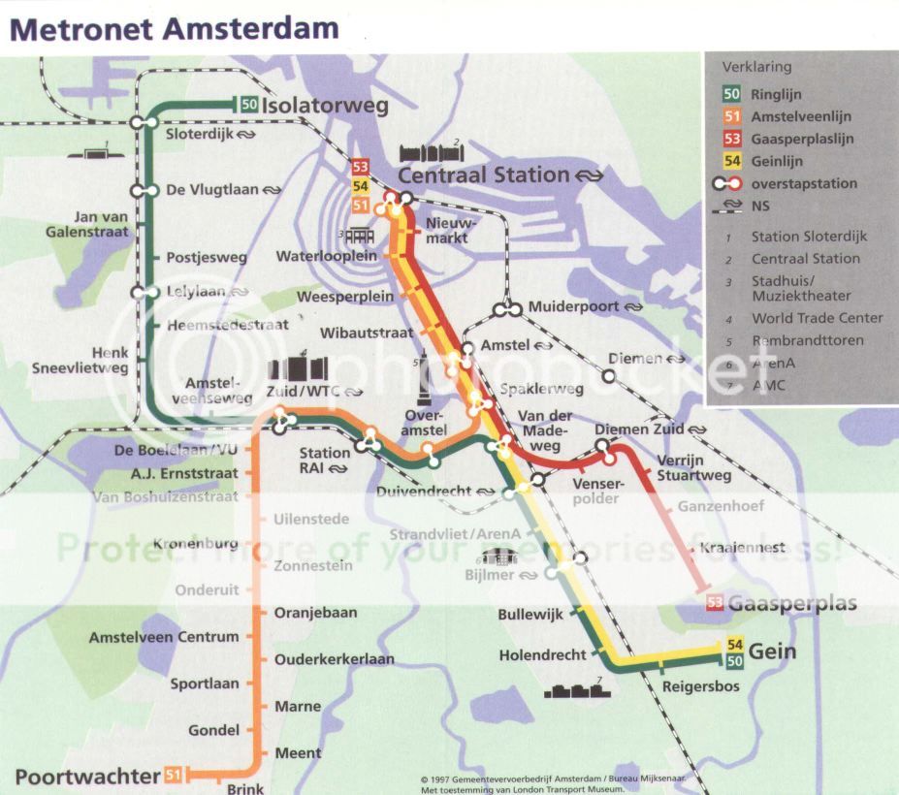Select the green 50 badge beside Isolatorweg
click(x=248, y=104)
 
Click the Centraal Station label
click(x=484, y=175)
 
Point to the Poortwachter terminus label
click(x=86, y=776)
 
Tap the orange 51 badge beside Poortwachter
click(x=173, y=775)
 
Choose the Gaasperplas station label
click(x=792, y=603)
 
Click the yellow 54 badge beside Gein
click(x=734, y=646)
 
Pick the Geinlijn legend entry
click(x=777, y=161)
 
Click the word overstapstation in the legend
click(x=804, y=183)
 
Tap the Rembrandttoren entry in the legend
click(x=807, y=340)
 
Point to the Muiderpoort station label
click(x=571, y=307)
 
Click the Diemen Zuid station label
click(x=634, y=429)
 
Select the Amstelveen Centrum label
click(x=164, y=637)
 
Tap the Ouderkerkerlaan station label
click(x=334, y=659)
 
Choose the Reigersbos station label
click(x=700, y=686)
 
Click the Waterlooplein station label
click(x=326, y=257)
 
